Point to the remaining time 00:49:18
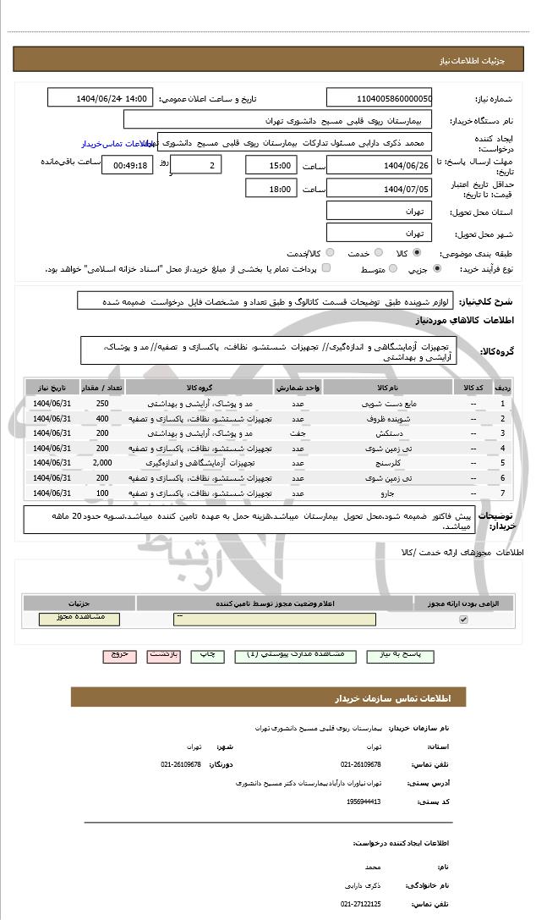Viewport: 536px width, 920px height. pyautogui.click(x=127, y=165)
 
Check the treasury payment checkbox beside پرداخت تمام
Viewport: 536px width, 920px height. pyautogui.click(x=326, y=268)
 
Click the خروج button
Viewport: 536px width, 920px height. pyautogui.click(x=118, y=655)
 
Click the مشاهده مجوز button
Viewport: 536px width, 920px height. pyautogui.click(x=79, y=619)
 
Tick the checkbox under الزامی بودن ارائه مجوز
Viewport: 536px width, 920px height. pyautogui.click(x=462, y=620)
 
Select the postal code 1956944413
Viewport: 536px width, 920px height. pyautogui.click(x=363, y=802)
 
